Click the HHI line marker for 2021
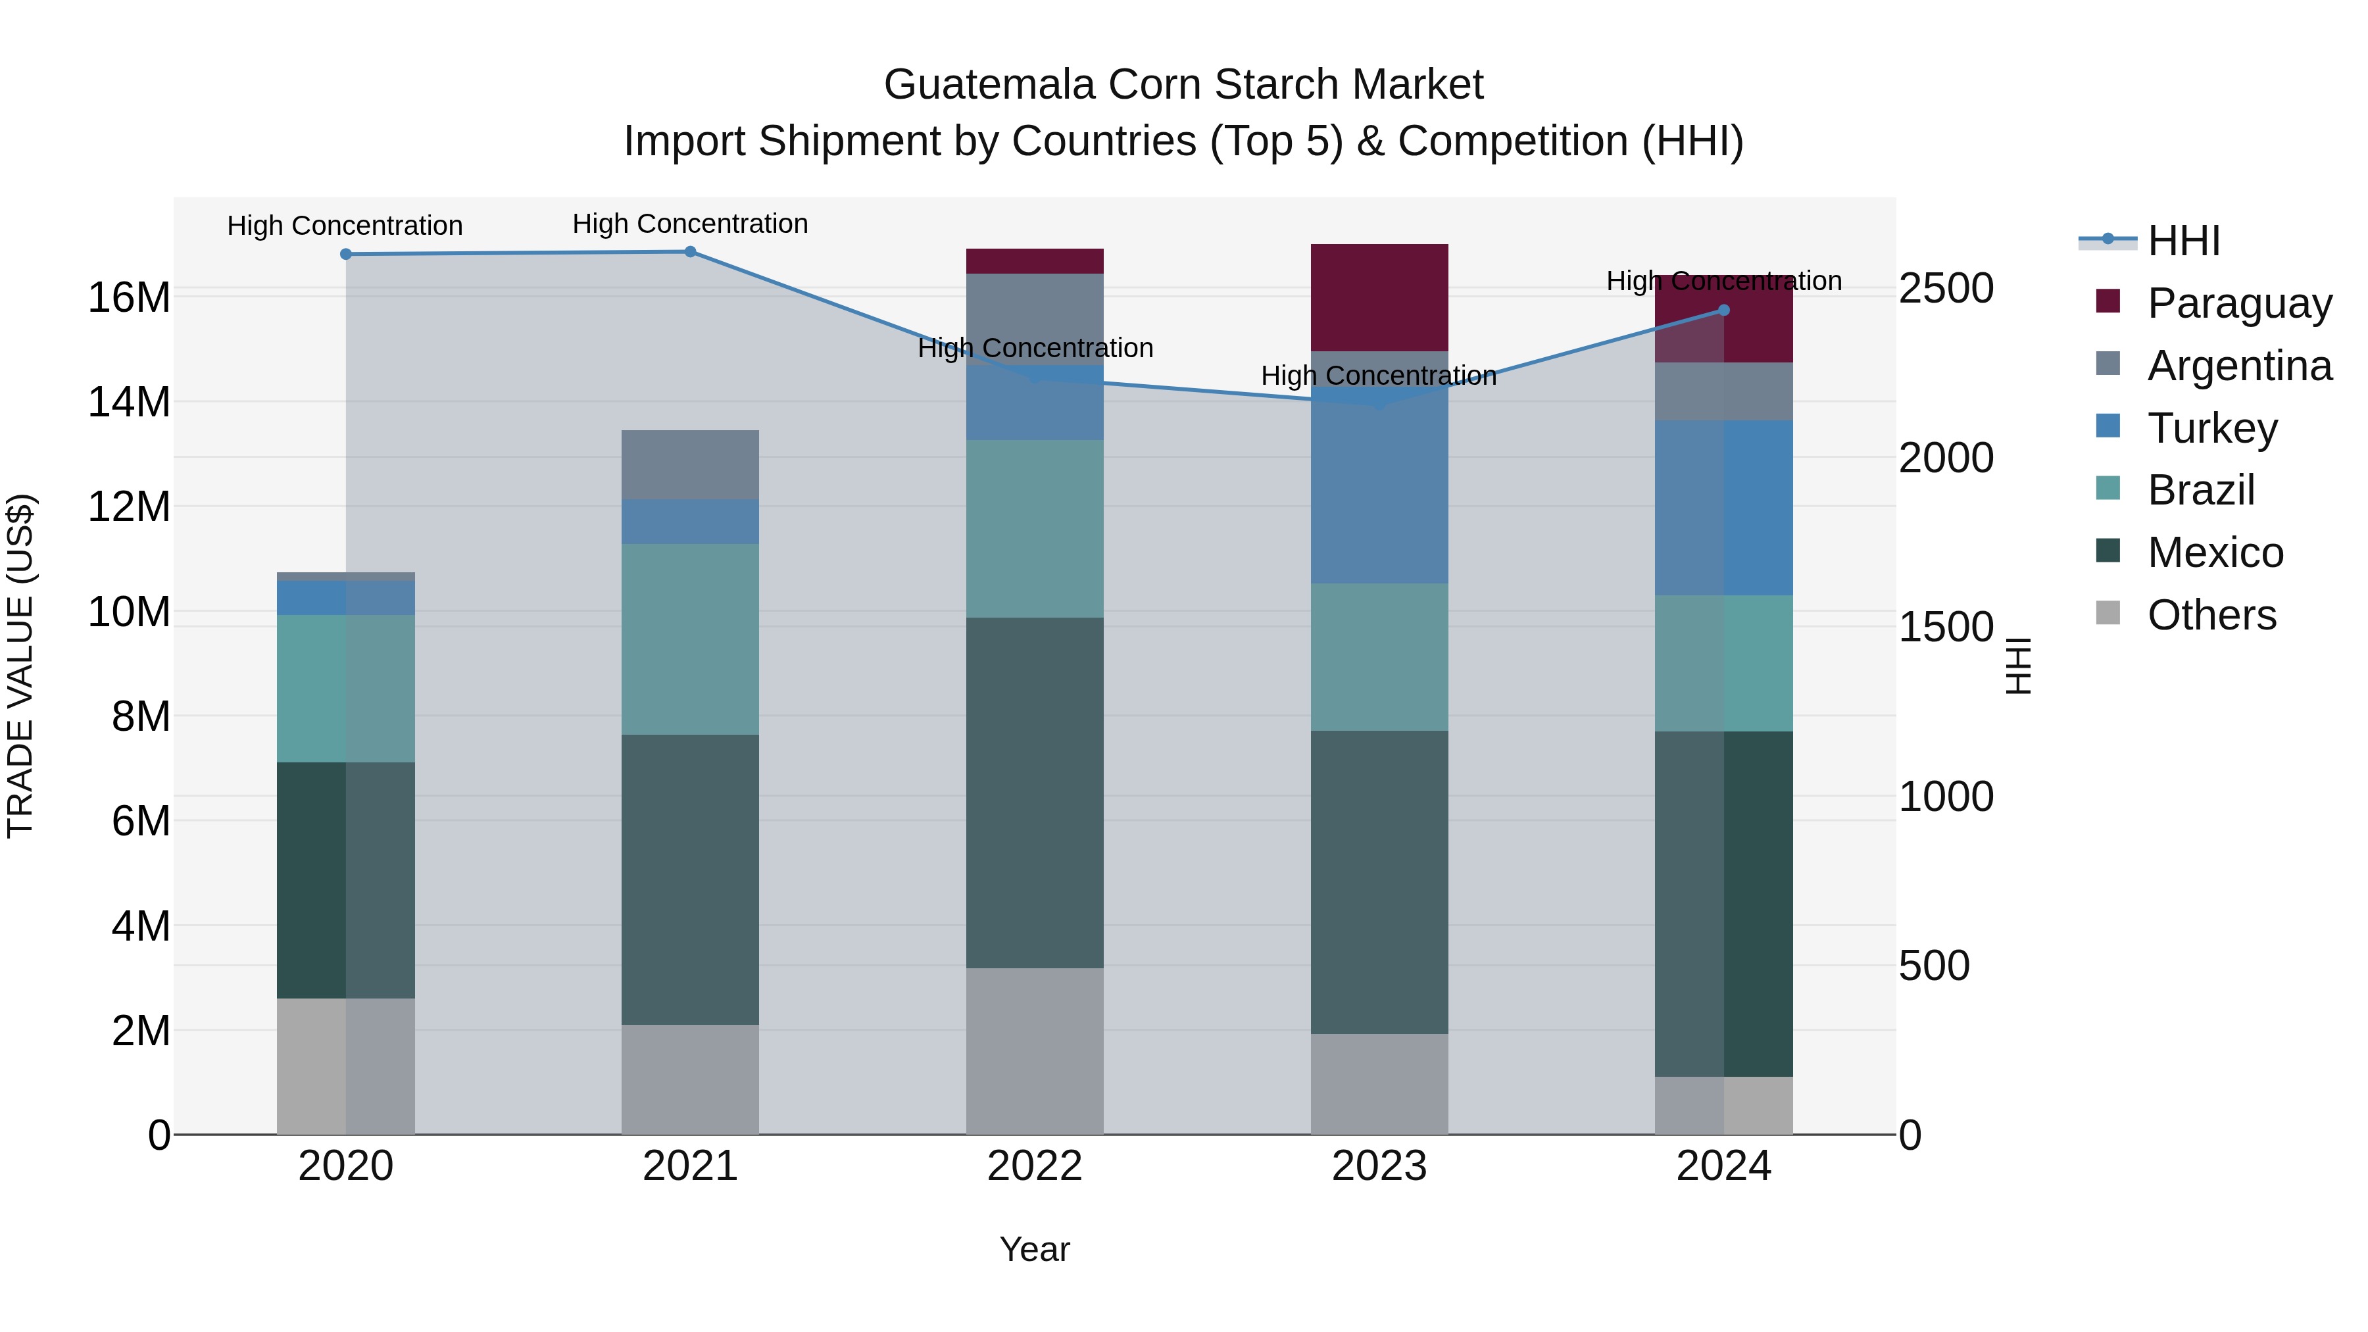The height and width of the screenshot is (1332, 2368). click(x=691, y=252)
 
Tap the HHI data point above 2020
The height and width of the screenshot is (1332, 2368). click(x=345, y=255)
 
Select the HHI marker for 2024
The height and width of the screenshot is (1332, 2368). click(x=1723, y=310)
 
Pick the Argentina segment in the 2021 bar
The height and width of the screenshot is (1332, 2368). click(x=691, y=464)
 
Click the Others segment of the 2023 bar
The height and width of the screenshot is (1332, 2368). click(x=1379, y=1084)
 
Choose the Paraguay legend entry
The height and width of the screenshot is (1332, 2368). click(x=2239, y=303)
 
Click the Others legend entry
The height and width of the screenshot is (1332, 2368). click(x=2211, y=614)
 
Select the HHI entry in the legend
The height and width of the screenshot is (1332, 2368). click(x=2183, y=241)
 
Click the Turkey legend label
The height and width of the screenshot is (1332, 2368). click(x=2211, y=428)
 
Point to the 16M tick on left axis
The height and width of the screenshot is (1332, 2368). click(x=129, y=298)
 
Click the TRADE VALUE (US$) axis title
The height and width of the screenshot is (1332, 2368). click(x=20, y=666)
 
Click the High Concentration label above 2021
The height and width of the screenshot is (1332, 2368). click(x=691, y=224)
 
